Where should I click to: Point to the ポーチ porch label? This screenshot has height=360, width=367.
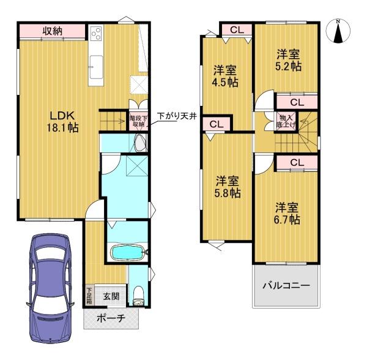pos(113,318)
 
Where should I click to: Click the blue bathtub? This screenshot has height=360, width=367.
pos(125,252)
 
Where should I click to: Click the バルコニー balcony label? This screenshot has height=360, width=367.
pos(286,285)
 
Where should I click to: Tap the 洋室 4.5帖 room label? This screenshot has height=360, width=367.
pos(224,75)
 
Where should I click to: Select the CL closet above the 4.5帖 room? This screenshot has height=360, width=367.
pos(237,28)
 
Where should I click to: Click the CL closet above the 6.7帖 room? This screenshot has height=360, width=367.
pos(297,162)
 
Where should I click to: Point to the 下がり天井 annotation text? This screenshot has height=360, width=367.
pos(176,115)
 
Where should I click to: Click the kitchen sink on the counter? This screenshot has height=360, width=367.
pos(97,61)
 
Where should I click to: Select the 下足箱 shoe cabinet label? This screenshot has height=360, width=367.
pos(89,296)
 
